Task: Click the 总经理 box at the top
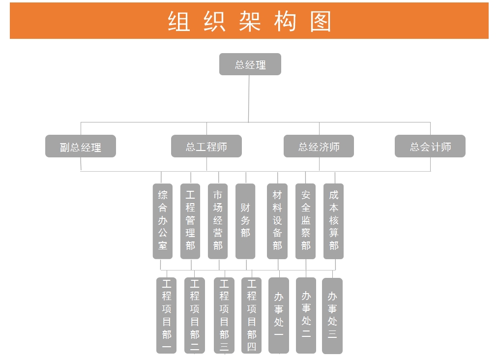[x=250, y=64]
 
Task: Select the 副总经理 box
[x=81, y=147]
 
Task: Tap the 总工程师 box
[x=206, y=147]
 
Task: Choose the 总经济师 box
[x=319, y=147]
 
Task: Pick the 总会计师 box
[x=430, y=147]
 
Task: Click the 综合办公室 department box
[x=163, y=221]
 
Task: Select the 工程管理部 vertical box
[x=190, y=221]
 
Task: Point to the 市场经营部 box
[x=218, y=221]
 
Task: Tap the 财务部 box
[x=245, y=221]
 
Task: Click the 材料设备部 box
[x=277, y=221]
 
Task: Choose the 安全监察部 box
[x=306, y=221]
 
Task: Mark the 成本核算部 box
[x=334, y=221]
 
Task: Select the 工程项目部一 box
[x=167, y=315]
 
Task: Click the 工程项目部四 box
[x=252, y=315]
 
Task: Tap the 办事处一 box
[x=279, y=315]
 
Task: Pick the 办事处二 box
[x=306, y=315]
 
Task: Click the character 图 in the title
[x=321, y=22]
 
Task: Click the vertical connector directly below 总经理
[x=249, y=98]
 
